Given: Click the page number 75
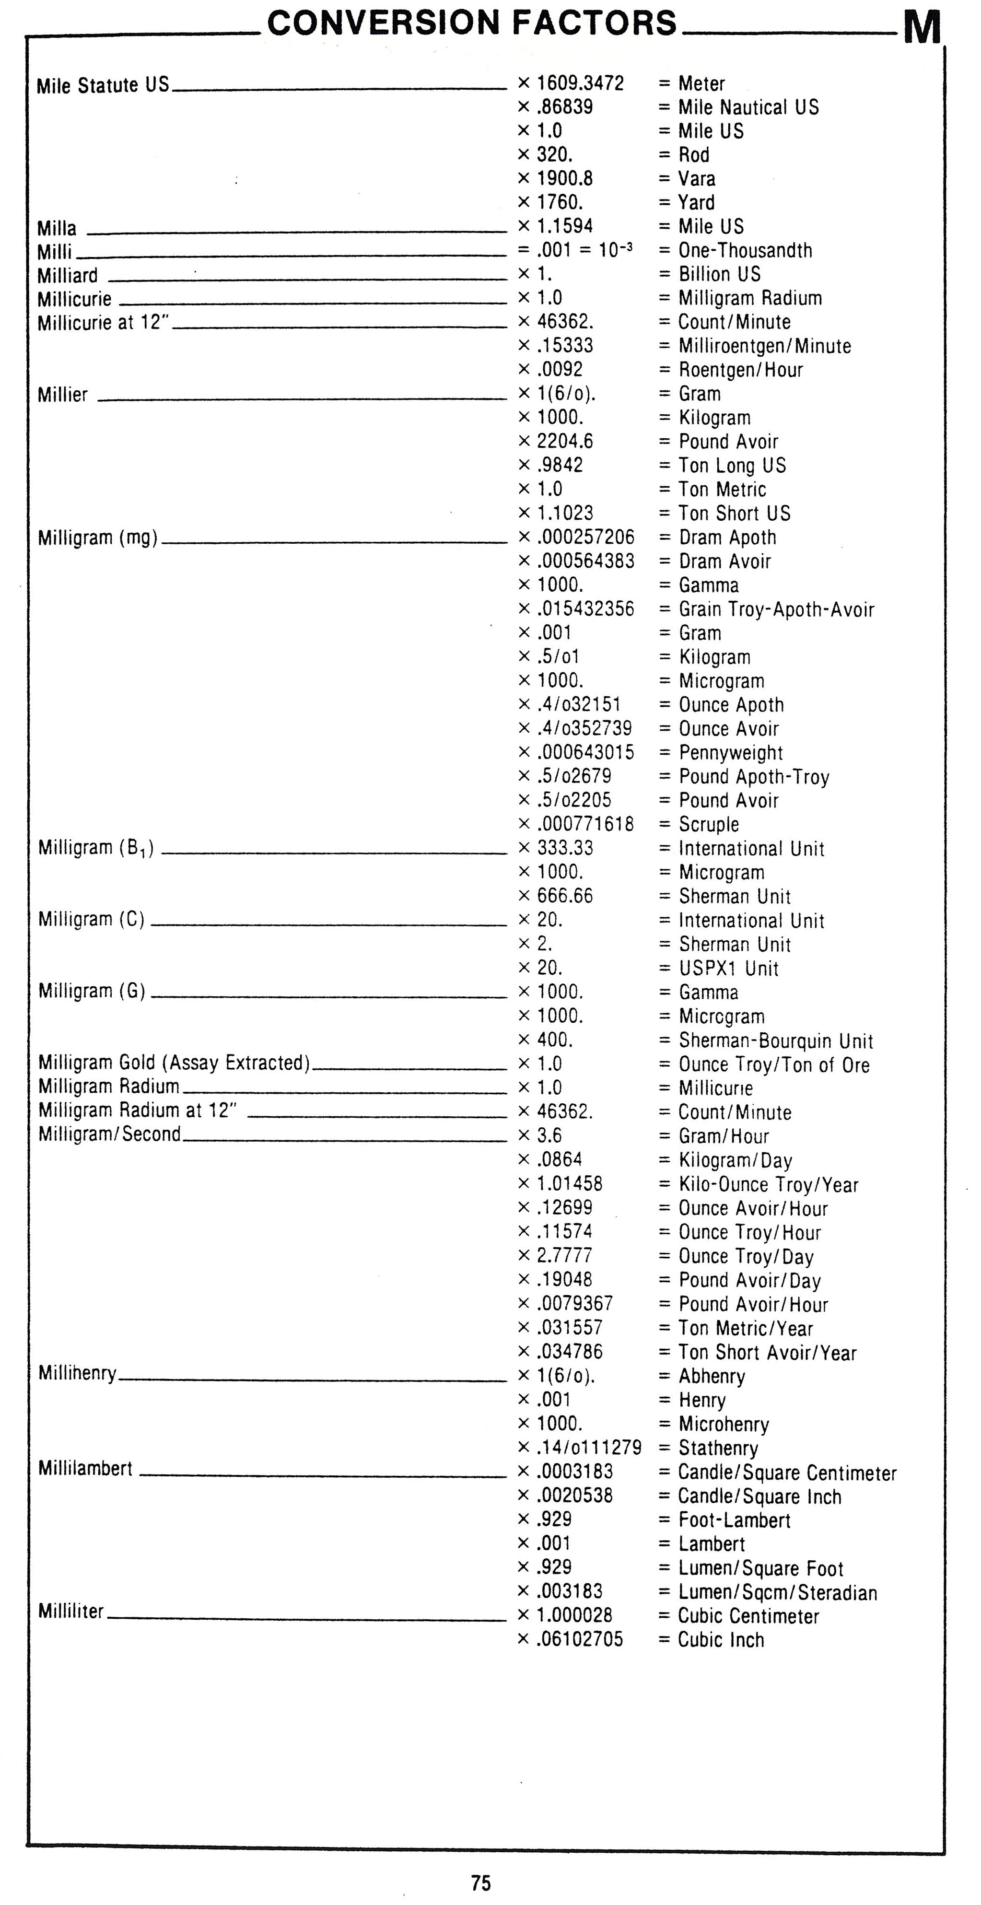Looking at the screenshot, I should (480, 1882).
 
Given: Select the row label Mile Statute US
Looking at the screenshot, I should (103, 86).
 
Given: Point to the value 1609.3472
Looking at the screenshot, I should (580, 83).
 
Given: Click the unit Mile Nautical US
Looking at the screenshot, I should (748, 107).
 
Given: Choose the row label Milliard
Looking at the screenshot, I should (67, 276).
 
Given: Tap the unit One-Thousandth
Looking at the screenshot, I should (745, 251).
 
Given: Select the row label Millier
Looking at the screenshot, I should (63, 395).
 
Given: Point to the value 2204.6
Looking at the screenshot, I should (565, 442).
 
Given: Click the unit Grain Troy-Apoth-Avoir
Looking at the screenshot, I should (776, 609).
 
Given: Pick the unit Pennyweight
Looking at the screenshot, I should (730, 753).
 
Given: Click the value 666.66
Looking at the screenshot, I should (565, 896).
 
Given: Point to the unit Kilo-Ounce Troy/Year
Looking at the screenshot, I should (768, 1185).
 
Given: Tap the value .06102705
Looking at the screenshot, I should (580, 1639).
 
